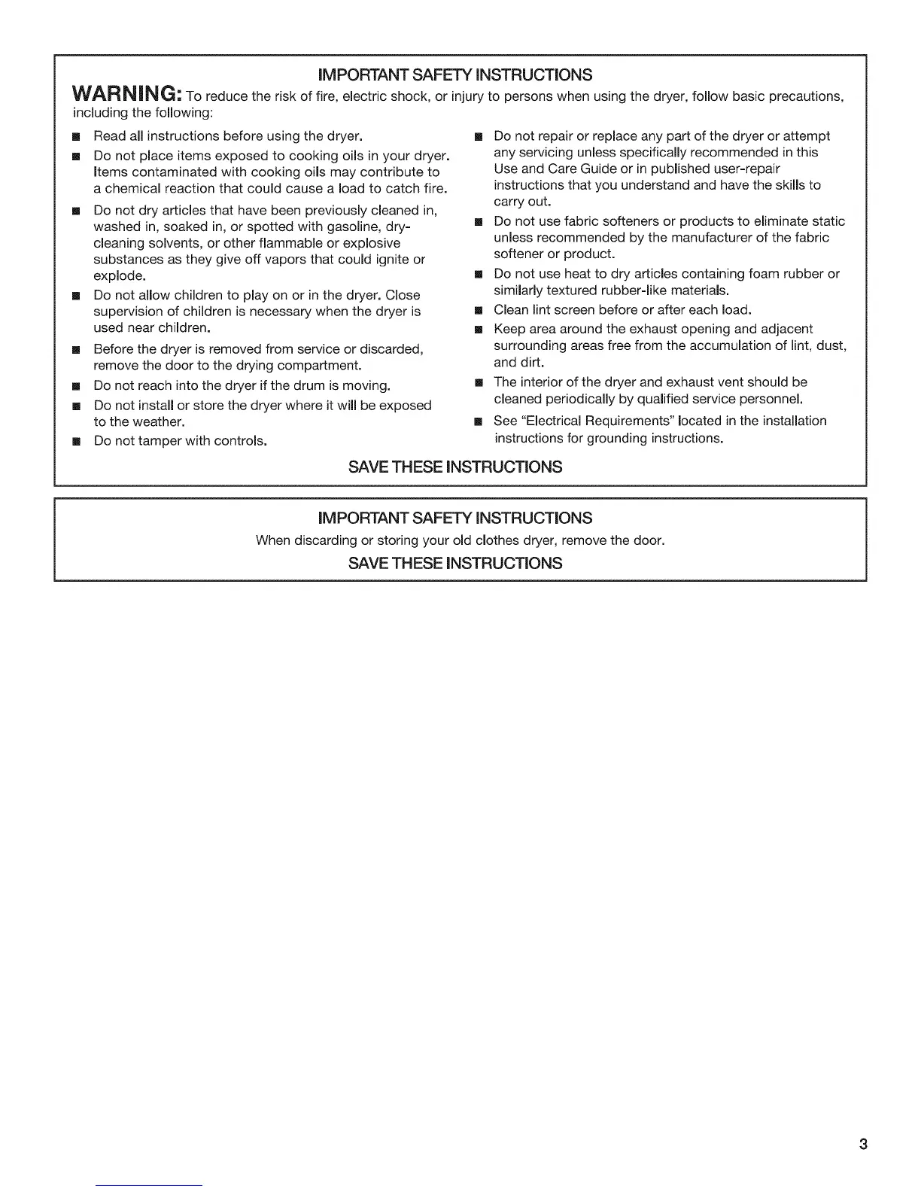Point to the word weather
158,421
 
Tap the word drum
310,385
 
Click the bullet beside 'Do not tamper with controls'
76,441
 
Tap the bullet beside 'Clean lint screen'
476,310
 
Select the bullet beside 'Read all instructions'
76,136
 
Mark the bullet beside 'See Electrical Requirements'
476,421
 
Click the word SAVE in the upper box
366,467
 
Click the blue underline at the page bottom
149,1185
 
